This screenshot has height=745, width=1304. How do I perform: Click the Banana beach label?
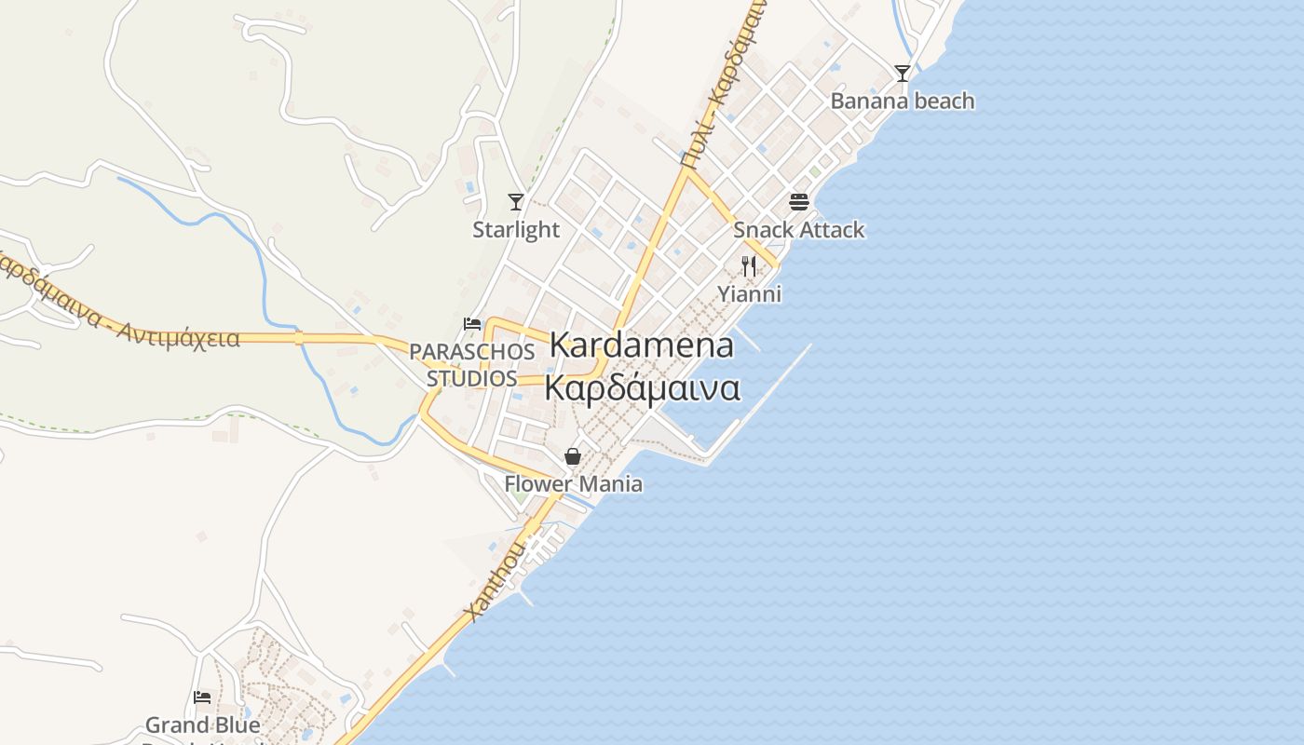click(902, 101)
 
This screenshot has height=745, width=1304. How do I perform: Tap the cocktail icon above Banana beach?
click(902, 73)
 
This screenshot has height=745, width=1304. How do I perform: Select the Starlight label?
click(516, 229)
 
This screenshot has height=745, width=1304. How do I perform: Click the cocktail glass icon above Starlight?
click(516, 201)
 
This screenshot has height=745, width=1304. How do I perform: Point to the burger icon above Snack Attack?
click(798, 201)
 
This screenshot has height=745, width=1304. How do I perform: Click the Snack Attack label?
click(798, 229)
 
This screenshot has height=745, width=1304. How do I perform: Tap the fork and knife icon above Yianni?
click(749, 266)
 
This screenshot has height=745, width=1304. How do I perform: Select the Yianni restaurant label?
click(749, 294)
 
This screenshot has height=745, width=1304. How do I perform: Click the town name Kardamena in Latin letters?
click(641, 345)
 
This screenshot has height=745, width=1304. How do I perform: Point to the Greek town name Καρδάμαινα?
click(641, 387)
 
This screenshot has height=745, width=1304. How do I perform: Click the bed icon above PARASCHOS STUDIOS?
click(472, 324)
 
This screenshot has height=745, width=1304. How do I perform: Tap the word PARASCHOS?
click(472, 352)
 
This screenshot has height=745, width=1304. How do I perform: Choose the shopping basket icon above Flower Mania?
click(573, 456)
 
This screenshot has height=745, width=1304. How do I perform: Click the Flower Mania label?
click(573, 484)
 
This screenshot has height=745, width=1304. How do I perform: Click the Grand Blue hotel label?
click(202, 725)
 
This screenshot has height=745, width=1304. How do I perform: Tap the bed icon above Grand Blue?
click(202, 697)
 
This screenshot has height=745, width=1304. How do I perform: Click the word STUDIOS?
click(472, 378)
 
